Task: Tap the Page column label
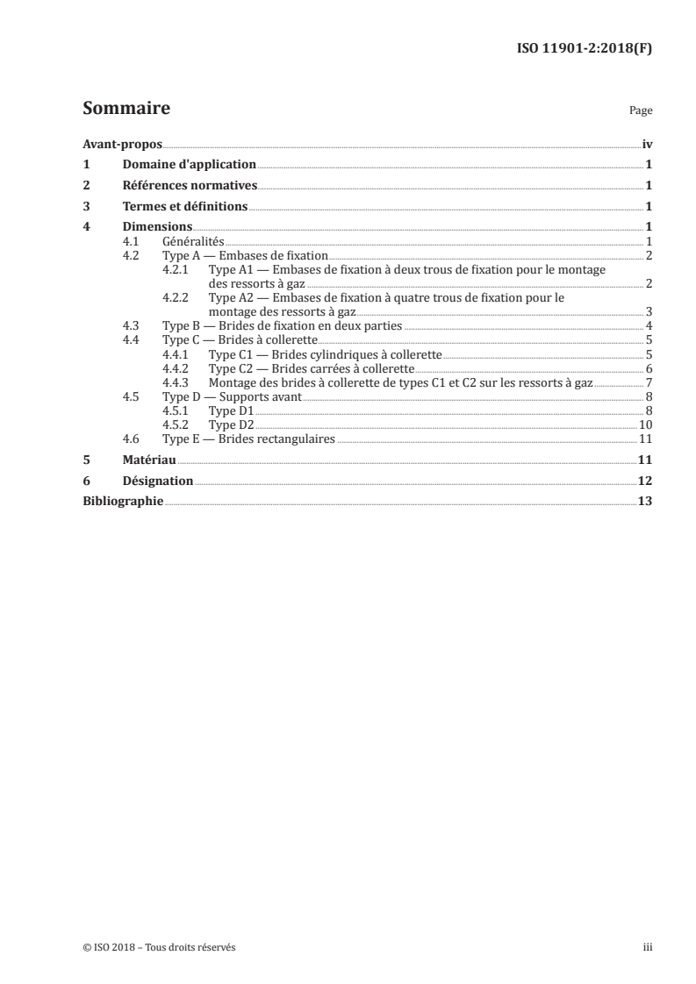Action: tap(641, 111)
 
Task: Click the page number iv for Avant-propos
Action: tap(646, 144)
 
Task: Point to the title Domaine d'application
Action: tap(189, 164)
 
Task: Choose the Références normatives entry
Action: tap(189, 185)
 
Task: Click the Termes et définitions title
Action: tap(184, 207)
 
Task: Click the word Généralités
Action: tap(194, 240)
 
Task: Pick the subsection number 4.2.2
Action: tap(176, 297)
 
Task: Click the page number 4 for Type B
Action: tap(647, 325)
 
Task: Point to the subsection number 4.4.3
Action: tap(176, 382)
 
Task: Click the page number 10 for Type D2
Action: tap(644, 424)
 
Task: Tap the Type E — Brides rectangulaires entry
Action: tap(249, 439)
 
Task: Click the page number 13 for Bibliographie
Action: tap(644, 501)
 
